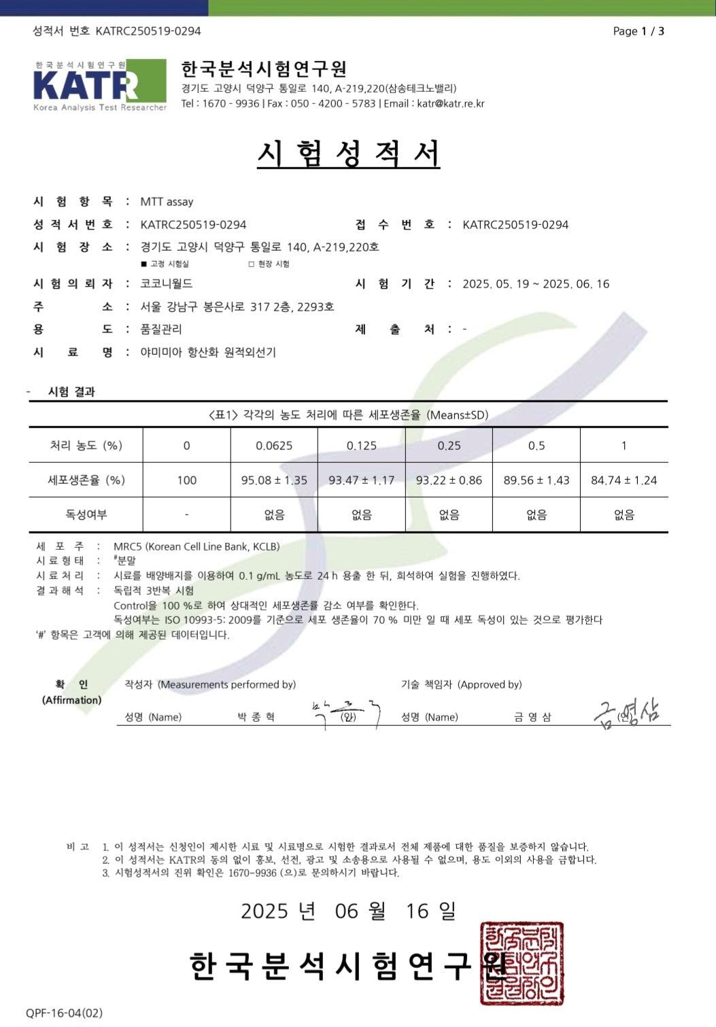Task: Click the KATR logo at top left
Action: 99,86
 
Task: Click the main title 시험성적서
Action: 348,154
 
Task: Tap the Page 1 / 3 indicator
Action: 638,31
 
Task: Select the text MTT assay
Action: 167,202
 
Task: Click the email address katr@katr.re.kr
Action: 450,103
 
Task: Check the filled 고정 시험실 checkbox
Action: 143,264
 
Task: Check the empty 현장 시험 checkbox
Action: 252,264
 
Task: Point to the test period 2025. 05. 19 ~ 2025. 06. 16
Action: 536,284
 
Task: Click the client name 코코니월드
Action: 167,283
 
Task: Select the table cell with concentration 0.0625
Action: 274,446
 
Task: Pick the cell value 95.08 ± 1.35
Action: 274,481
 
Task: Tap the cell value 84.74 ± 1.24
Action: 624,481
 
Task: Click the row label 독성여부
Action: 86,515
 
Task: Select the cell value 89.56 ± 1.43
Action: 536,481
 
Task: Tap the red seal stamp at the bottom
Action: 521,964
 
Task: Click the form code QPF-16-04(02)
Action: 64,1013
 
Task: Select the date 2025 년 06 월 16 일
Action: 348,911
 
